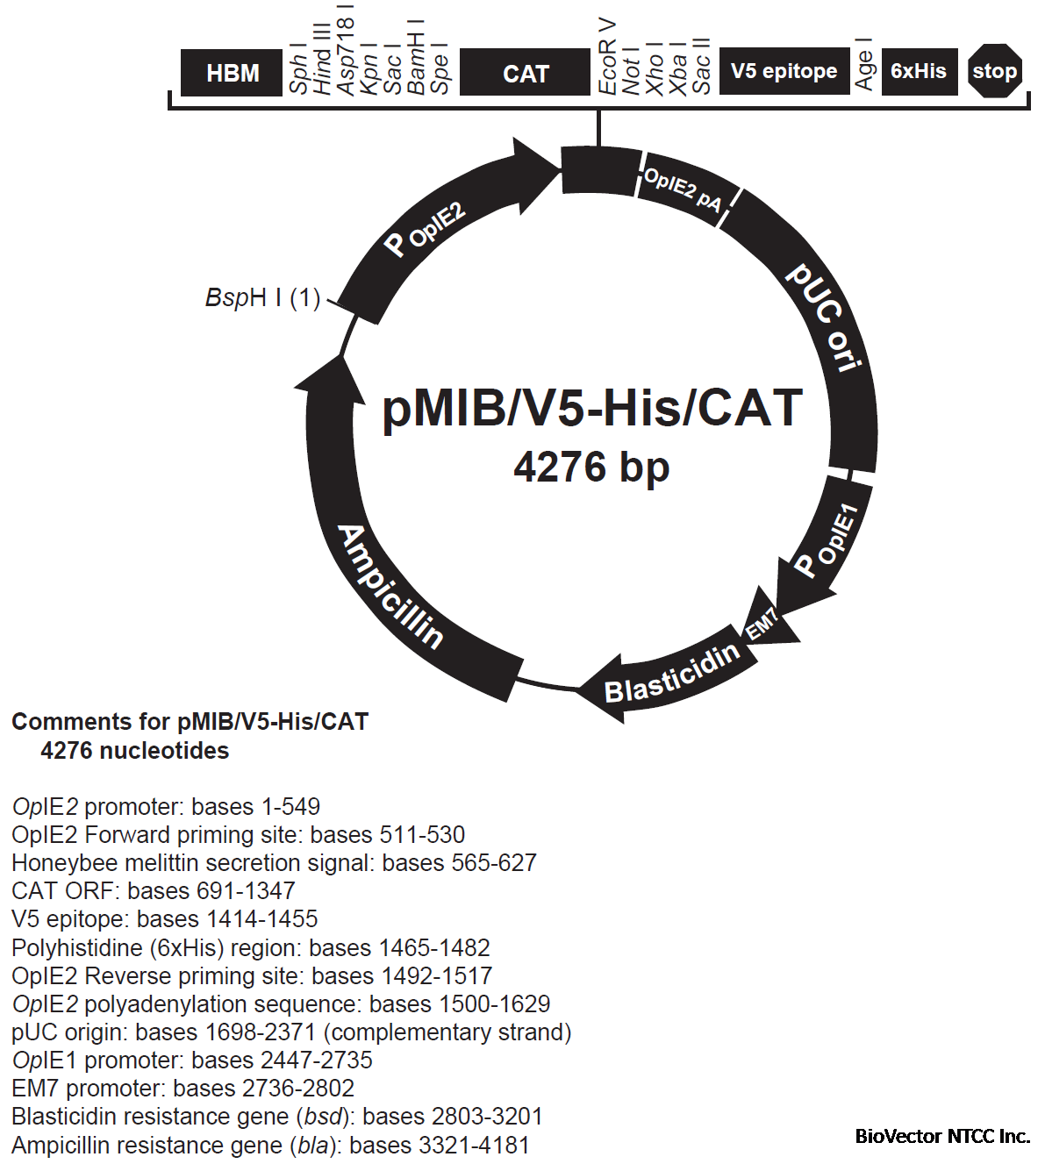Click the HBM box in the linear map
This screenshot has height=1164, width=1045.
tap(233, 73)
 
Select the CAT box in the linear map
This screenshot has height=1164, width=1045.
tap(525, 73)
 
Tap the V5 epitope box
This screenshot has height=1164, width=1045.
tap(784, 71)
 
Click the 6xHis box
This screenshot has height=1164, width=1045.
tap(918, 71)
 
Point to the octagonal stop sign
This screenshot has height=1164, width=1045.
tap(994, 71)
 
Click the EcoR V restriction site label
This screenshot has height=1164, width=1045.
tap(607, 56)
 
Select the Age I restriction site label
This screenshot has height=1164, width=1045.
tap(864, 63)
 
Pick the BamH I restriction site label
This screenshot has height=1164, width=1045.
tap(417, 57)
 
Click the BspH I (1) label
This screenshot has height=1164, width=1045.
tap(262, 298)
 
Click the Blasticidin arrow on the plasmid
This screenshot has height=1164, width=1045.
tap(671, 674)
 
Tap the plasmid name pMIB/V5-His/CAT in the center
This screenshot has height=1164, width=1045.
tap(592, 408)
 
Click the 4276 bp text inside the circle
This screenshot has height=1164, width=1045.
tap(591, 467)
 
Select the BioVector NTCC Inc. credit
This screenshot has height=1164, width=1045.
tap(942, 1136)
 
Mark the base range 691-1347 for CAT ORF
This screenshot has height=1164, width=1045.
tap(211, 891)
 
